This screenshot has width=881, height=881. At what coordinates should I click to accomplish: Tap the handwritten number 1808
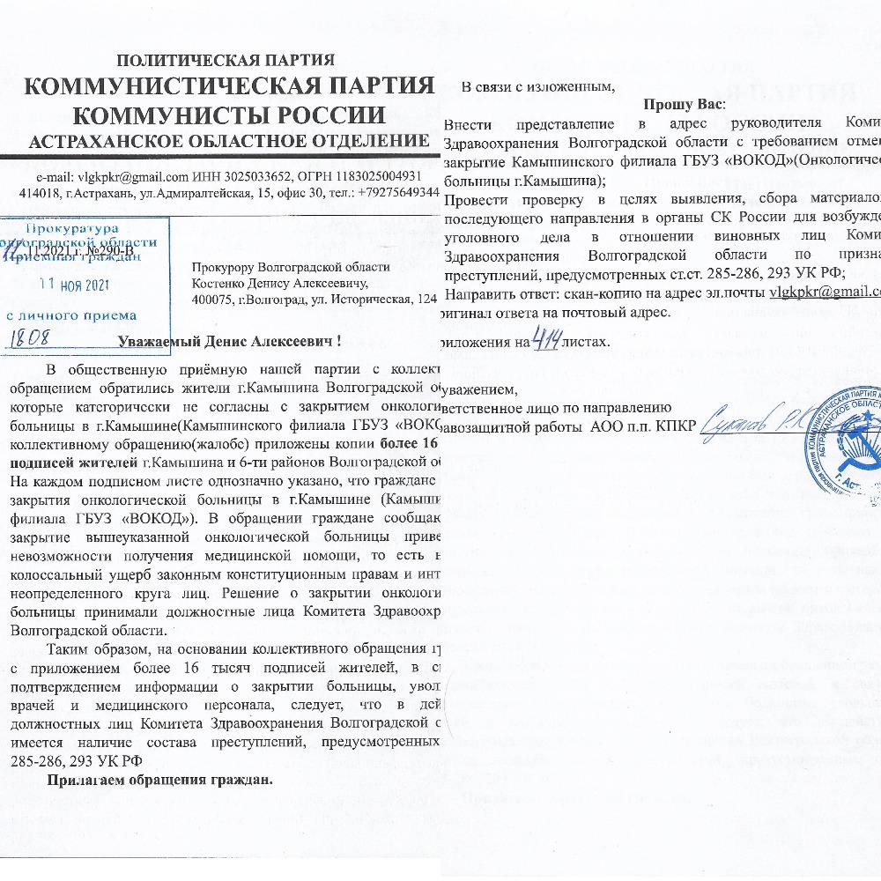[x=39, y=335]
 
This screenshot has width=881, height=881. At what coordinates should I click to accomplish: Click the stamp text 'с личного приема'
[x=71, y=315]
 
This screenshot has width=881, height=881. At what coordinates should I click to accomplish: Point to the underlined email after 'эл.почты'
[x=824, y=292]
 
